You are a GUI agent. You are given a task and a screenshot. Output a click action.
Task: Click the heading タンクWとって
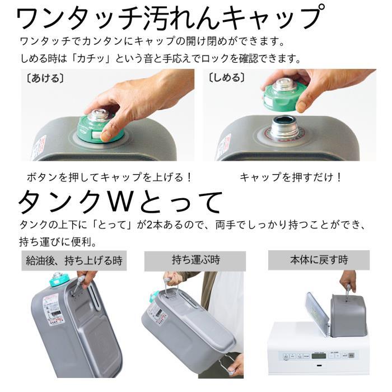120,202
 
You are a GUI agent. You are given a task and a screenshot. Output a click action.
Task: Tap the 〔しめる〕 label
227,78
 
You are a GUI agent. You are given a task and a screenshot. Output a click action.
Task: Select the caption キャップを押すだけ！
291,178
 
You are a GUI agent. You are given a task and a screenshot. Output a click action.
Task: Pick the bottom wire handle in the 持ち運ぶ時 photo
226,367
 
